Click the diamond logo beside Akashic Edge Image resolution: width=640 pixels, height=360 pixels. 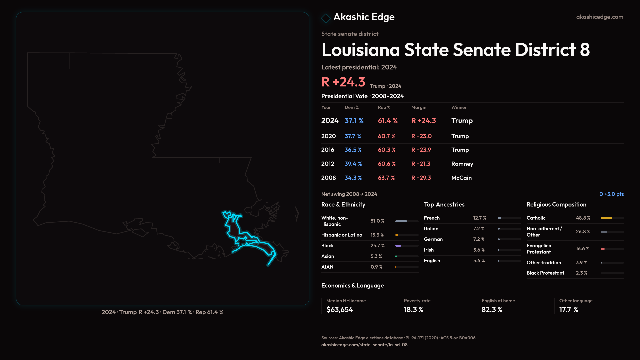[326, 18]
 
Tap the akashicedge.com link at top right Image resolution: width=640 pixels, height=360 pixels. [599, 17]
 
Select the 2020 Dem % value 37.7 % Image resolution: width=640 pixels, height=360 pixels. [353, 136]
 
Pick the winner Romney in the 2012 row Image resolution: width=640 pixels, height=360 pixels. [462, 164]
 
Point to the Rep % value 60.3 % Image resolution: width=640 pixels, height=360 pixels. [386, 150]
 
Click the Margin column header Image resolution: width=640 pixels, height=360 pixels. [419, 107]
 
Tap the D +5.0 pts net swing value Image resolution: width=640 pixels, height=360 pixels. [611, 194]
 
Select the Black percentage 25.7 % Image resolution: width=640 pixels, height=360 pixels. [377, 246]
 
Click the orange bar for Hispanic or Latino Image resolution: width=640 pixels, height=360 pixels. [397, 235]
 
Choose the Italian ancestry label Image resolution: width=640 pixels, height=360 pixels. [431, 229]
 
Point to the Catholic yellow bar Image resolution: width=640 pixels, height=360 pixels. [606, 218]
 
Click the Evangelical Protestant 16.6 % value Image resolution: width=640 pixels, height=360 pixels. [582, 249]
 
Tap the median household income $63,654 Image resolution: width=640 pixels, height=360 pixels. [339, 310]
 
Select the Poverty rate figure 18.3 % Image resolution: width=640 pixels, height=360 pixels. [413, 310]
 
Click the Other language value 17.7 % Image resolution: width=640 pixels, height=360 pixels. [568, 310]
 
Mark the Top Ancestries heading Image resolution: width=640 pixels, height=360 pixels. [444, 205]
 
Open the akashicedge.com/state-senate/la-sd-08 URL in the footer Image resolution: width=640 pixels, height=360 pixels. [364, 345]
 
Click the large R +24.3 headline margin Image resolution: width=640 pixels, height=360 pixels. [343, 82]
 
